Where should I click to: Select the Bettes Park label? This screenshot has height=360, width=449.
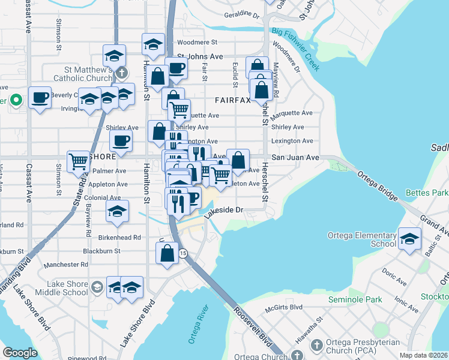[426, 193]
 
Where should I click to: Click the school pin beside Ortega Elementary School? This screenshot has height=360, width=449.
[409, 239]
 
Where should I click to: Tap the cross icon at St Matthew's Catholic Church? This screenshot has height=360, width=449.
[122, 73]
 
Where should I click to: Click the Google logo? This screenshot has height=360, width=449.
[20, 353]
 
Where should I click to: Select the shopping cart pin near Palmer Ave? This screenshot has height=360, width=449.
[79, 161]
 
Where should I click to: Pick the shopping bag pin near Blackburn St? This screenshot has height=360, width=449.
[167, 253]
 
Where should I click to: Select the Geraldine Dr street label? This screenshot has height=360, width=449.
[241, 15]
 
